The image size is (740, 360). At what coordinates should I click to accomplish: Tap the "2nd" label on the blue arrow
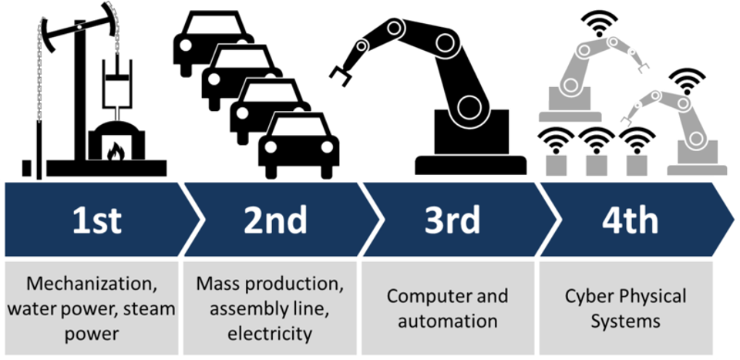point(275,220)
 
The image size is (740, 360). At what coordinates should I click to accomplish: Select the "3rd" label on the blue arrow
point(452,220)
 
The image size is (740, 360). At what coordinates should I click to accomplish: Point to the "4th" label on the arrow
point(630,220)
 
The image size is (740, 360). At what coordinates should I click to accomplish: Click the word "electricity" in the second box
point(270,334)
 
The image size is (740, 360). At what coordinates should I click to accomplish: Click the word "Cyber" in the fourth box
point(589,296)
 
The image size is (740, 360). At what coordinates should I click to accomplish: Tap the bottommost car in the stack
point(298,144)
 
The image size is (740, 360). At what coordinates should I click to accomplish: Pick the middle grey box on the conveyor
point(596,164)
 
